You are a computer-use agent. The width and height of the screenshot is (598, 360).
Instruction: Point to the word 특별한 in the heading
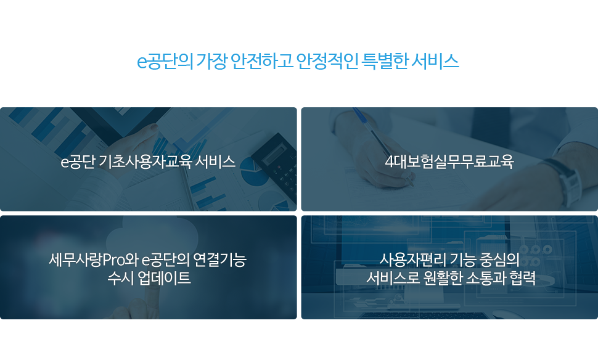385,62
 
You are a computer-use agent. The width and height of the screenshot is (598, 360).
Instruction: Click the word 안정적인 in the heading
327,62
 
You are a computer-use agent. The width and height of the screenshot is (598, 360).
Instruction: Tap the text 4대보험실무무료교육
449,162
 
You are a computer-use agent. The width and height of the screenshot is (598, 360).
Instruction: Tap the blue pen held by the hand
382,145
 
